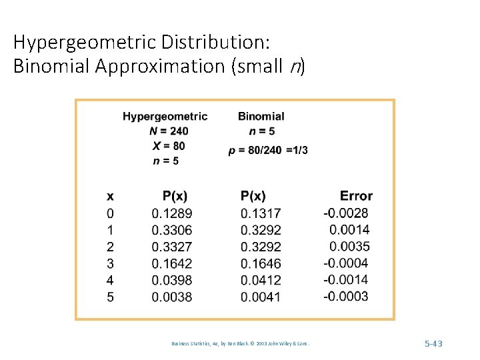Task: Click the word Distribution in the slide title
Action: tap(215, 41)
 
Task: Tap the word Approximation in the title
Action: tap(160, 66)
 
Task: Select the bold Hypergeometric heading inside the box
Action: tap(165, 117)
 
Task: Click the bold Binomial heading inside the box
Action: tap(261, 116)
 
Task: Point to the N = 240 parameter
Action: tap(169, 131)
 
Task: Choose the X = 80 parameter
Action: tap(169, 146)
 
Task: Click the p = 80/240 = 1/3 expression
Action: tap(268, 151)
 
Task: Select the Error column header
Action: tap(356, 196)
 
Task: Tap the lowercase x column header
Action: tap(110, 196)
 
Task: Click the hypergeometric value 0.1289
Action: tap(172, 213)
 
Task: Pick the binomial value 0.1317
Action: tap(261, 213)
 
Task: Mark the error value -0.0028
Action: tap(345, 213)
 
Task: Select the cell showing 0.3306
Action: tap(172, 230)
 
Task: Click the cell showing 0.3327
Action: tap(172, 247)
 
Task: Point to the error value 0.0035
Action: tap(349, 247)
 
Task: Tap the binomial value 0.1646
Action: tap(261, 263)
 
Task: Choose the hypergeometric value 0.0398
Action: tap(172, 280)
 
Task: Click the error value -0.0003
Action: tap(345, 296)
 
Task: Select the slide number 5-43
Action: tap(433, 343)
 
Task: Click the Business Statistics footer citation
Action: tap(240, 343)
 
